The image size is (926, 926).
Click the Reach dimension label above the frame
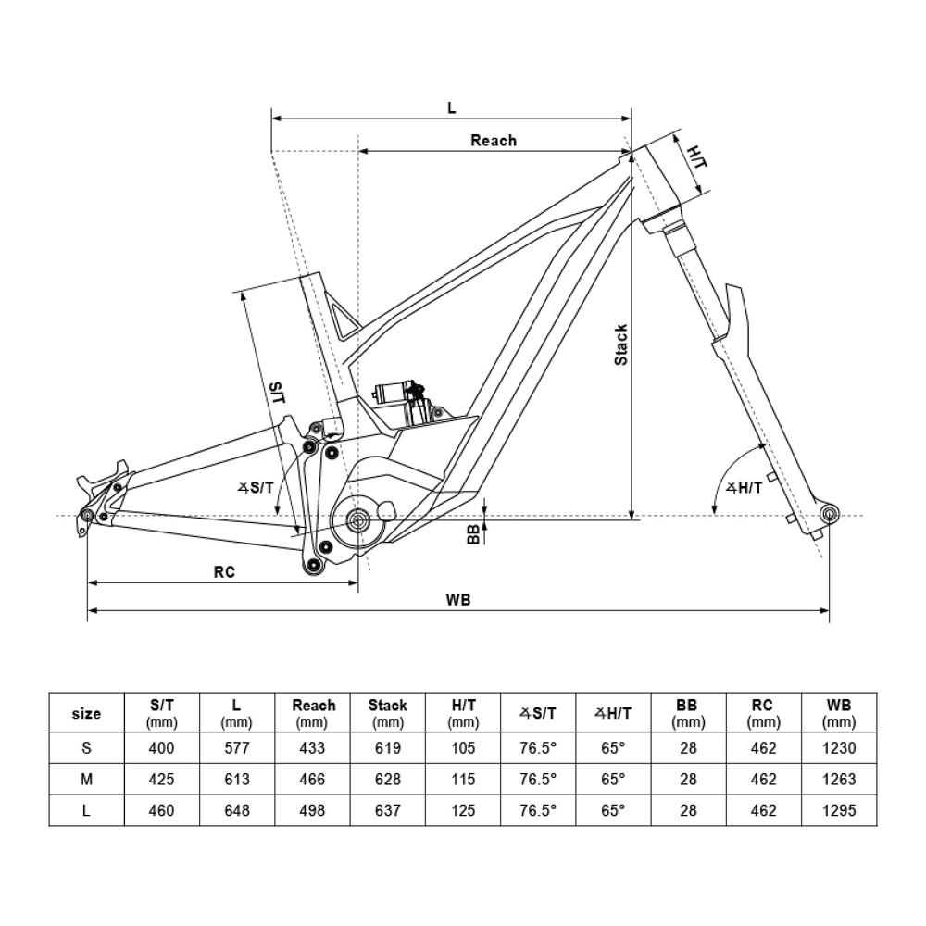494,141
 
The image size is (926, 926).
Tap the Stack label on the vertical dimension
621,344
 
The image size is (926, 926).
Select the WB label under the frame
458,599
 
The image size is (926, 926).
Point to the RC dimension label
224,572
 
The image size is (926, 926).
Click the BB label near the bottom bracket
473,532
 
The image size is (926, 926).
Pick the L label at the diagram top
451,107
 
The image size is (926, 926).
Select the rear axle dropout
88,515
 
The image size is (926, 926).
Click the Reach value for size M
314,780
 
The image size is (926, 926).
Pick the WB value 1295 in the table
838,811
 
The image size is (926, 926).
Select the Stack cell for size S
388,748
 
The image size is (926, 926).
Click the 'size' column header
86,714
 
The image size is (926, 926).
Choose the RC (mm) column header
763,713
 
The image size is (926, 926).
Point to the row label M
86,780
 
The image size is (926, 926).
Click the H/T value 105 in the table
463,748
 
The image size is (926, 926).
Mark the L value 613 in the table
237,780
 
